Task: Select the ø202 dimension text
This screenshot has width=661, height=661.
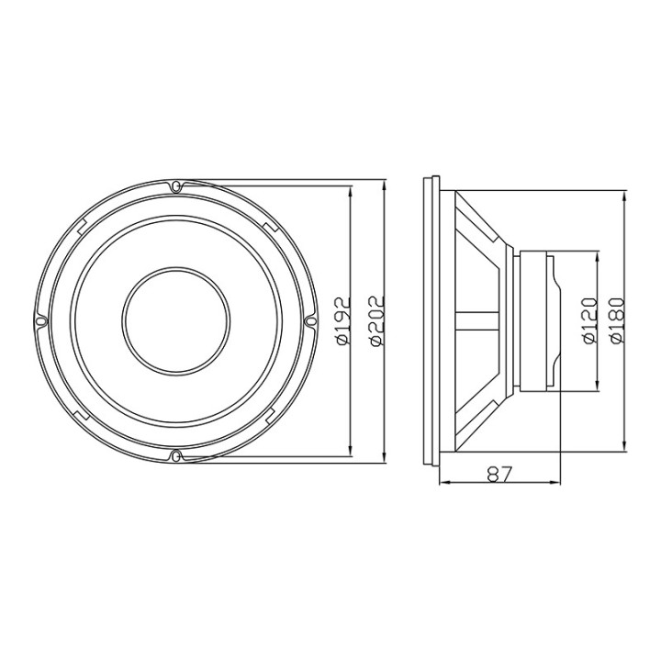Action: click(x=377, y=320)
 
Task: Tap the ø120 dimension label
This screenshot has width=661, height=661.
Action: click(x=590, y=320)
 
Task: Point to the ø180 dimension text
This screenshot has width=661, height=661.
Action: click(x=617, y=320)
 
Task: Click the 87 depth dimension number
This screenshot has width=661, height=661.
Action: click(x=499, y=475)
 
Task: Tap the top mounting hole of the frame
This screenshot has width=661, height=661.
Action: click(x=176, y=185)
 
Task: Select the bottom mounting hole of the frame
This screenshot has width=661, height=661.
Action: click(x=176, y=455)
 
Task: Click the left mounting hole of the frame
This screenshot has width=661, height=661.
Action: click(x=40, y=321)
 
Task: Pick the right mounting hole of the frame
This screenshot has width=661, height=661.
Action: click(x=311, y=321)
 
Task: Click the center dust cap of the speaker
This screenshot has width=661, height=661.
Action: click(x=176, y=320)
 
